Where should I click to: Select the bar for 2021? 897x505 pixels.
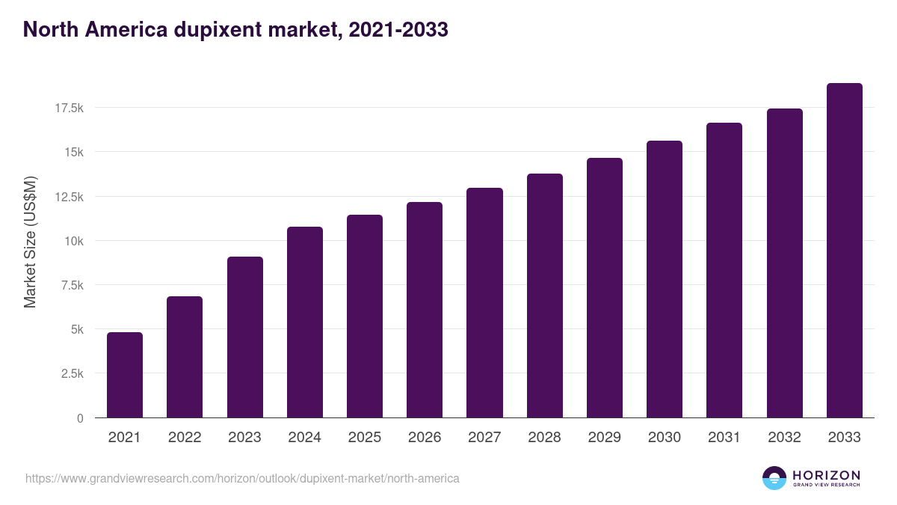click(x=125, y=375)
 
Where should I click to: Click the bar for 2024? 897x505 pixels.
click(x=304, y=322)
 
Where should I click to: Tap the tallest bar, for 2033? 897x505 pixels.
click(x=844, y=251)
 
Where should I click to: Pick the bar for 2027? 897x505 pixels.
click(x=484, y=303)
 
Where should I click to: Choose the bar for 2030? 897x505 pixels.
click(x=665, y=279)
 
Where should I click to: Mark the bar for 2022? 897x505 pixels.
click(x=185, y=357)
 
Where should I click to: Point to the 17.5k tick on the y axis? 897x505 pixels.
click(x=69, y=108)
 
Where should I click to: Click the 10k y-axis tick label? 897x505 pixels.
click(x=73, y=241)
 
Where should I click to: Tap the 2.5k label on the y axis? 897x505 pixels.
click(x=72, y=373)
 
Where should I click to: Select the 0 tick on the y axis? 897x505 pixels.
click(x=79, y=418)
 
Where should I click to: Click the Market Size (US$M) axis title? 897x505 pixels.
click(x=30, y=242)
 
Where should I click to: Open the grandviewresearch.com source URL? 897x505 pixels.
click(x=242, y=478)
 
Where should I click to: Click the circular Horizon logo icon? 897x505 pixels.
click(x=774, y=478)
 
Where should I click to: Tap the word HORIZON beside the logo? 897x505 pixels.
click(x=826, y=474)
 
